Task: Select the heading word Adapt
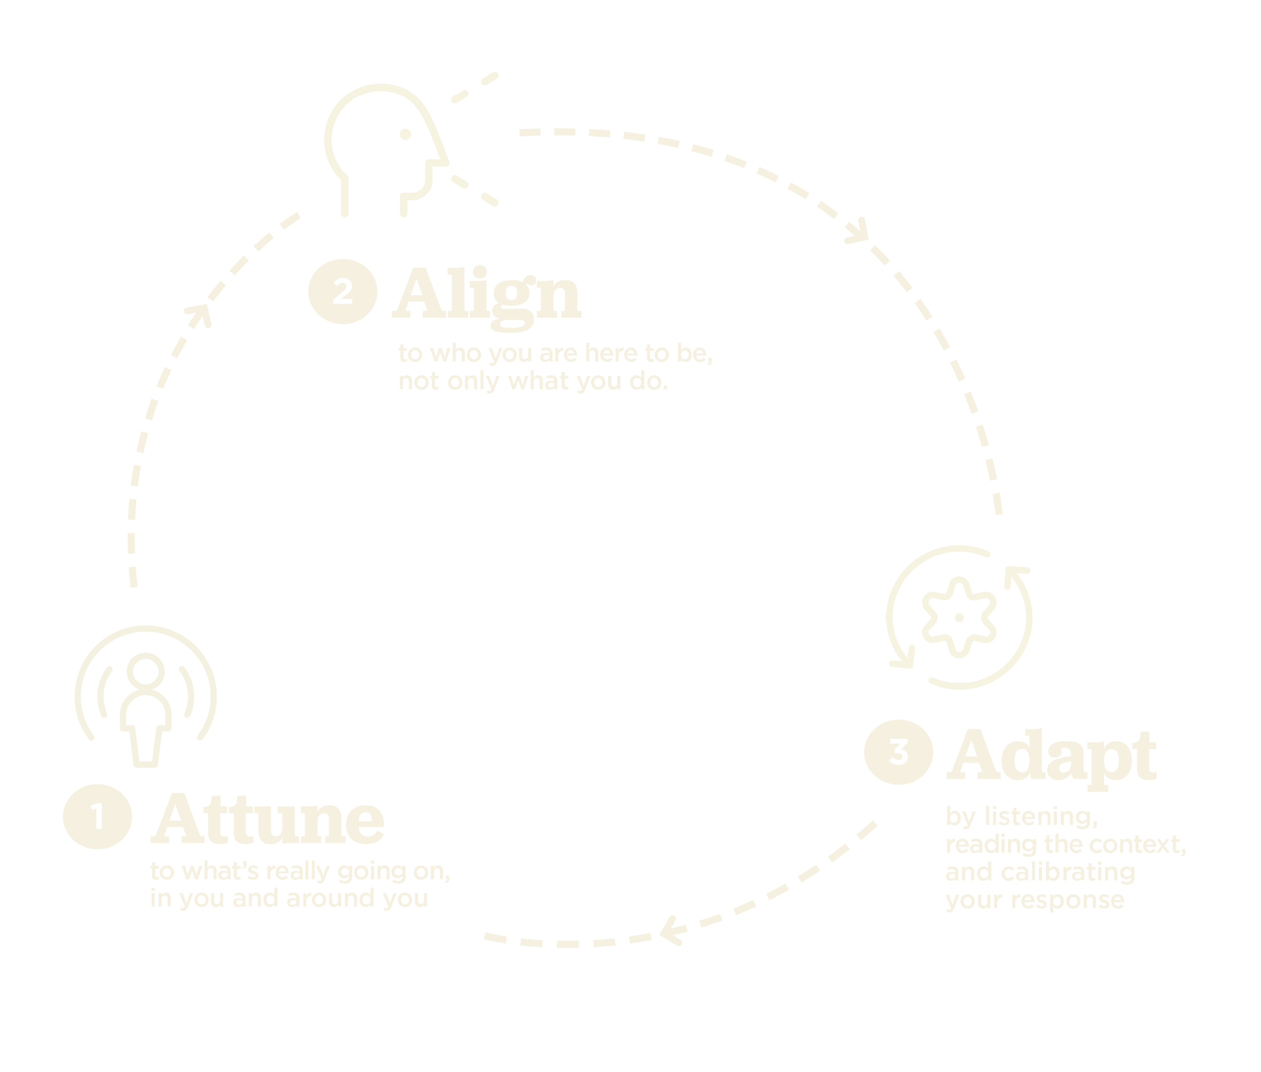point(1051,759)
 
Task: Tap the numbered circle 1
point(97,817)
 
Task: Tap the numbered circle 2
point(343,291)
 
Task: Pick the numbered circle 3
point(898,752)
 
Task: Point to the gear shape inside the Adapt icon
point(959,618)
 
